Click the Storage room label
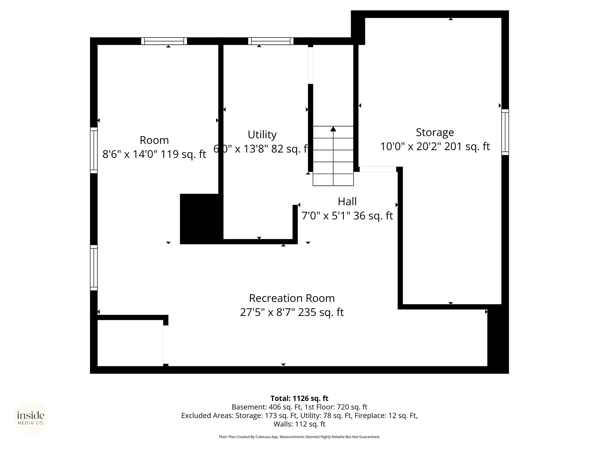point(435,132)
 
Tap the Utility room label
point(262,135)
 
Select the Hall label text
point(347,201)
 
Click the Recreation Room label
point(292,298)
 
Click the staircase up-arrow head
point(333,129)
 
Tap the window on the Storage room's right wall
point(505,132)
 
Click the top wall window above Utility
point(271,41)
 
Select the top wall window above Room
point(164,41)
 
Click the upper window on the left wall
point(94,150)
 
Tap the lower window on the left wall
point(94,268)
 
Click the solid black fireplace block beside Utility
point(202,219)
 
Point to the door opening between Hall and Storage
point(378,169)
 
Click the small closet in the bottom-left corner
point(130,343)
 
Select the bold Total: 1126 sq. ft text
point(299,398)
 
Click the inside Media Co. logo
point(31,418)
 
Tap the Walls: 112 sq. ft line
point(299,424)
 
